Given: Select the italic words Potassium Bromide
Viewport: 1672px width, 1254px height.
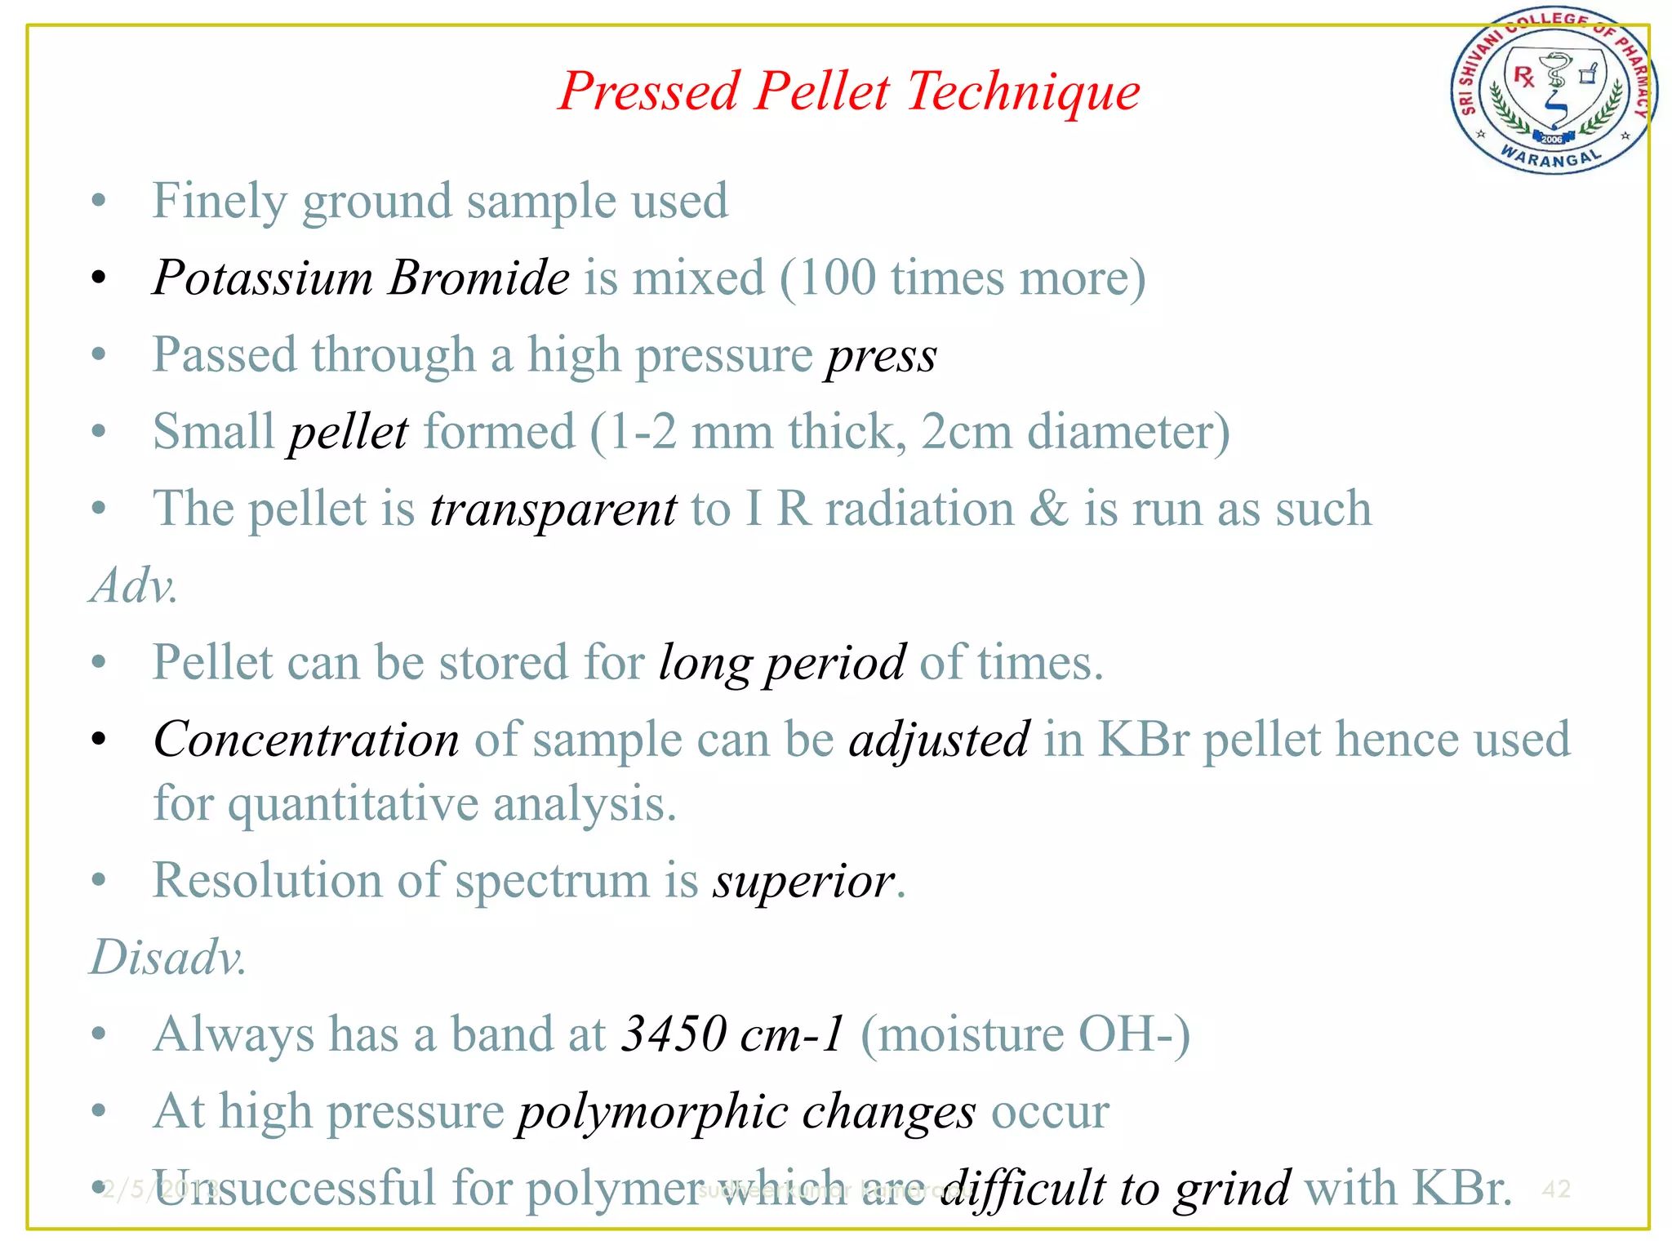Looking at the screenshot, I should (361, 278).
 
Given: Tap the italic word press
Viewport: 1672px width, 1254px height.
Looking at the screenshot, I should (882, 356).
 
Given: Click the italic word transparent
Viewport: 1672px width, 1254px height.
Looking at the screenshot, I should (553, 509).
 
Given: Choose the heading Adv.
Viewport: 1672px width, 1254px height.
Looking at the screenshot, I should (133, 586).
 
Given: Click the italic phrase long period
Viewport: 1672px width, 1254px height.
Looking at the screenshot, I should (782, 662).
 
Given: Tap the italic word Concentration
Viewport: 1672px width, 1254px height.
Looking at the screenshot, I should (306, 740).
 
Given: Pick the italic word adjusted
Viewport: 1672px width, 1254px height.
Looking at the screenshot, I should (939, 740).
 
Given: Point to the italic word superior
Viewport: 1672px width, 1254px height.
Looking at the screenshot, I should (803, 882).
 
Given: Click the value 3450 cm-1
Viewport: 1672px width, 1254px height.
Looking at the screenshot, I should (731, 1034).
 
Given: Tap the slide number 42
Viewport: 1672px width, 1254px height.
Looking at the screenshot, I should (1556, 1189).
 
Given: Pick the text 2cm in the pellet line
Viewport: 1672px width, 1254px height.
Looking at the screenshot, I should (967, 432).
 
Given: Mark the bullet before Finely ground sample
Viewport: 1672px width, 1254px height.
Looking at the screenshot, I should (99, 201).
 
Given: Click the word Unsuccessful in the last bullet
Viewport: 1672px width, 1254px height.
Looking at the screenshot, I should (294, 1188).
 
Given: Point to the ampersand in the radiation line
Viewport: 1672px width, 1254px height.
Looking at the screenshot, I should (1047, 509).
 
